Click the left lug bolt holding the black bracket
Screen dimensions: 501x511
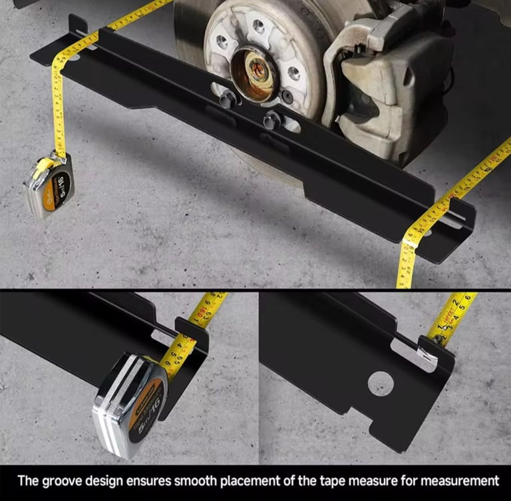pos(227,99)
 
